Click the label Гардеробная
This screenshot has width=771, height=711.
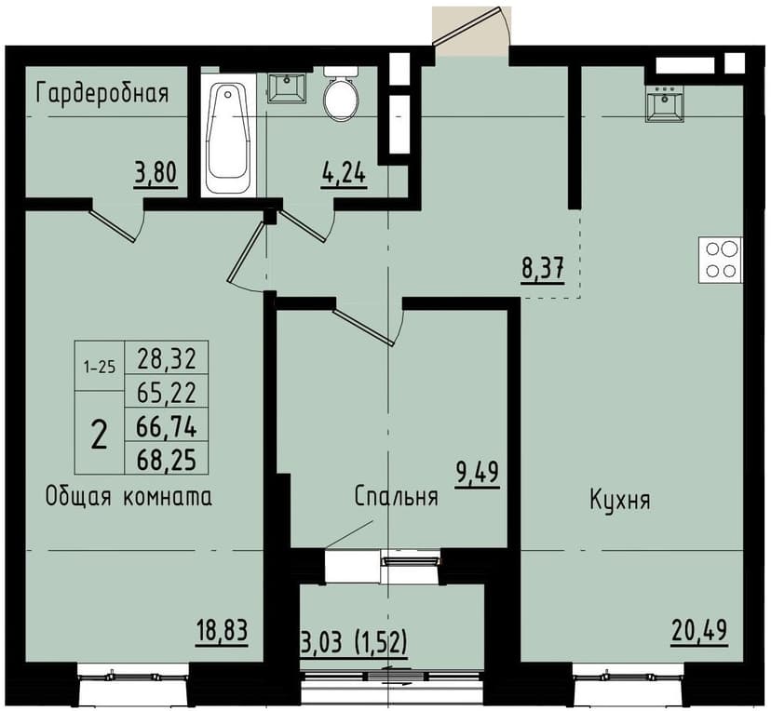102,93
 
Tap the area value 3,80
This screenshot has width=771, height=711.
156,173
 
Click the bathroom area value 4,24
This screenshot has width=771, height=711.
343,173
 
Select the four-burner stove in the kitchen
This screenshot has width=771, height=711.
720,261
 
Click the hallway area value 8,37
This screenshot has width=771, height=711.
543,270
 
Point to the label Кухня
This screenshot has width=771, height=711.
619,499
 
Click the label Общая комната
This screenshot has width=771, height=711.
128,497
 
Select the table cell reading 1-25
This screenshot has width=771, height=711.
99,366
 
